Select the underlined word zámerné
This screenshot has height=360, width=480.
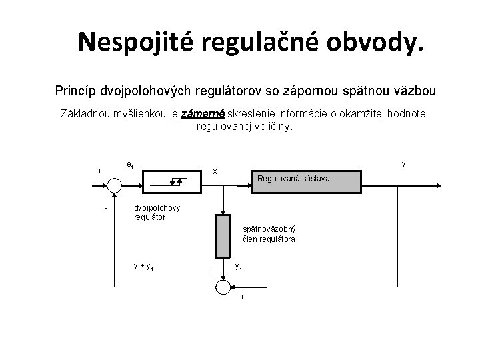tap(203, 114)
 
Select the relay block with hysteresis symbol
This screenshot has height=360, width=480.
tap(172, 180)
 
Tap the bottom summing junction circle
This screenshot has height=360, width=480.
tap(222, 287)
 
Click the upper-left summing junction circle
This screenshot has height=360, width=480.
tap(115, 180)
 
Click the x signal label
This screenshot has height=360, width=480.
tap(215, 171)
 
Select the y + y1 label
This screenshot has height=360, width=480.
tap(145, 267)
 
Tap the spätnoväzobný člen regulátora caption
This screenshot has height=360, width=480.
tap(269, 234)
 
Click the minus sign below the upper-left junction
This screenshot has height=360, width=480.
tap(105, 207)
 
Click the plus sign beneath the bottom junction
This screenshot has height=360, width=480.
tap(241, 297)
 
